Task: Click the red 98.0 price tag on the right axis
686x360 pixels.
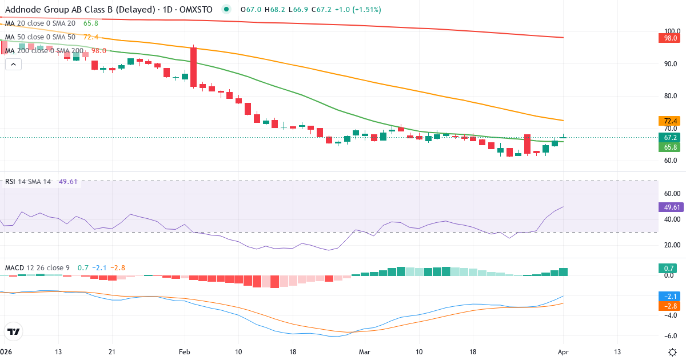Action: click(x=667, y=38)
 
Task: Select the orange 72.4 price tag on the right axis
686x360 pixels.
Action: click(x=667, y=121)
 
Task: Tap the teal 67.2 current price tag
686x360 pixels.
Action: click(x=667, y=138)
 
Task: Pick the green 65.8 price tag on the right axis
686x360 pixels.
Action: click(x=667, y=147)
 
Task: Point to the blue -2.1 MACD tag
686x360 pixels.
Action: click(x=667, y=297)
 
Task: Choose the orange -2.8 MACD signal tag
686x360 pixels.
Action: click(x=667, y=306)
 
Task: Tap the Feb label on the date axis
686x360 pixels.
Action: click(x=184, y=351)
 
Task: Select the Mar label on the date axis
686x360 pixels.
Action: click(x=365, y=351)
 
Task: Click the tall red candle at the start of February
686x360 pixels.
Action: click(x=193, y=67)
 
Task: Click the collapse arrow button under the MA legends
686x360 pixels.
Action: click(x=13, y=64)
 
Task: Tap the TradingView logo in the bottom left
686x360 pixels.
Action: click(x=14, y=332)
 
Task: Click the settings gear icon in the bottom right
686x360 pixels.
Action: click(x=672, y=351)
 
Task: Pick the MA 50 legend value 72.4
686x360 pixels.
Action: click(x=91, y=37)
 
